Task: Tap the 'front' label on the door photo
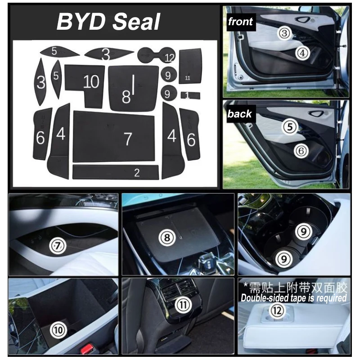click(240, 21)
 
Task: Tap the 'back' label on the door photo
click(239, 113)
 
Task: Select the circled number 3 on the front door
click(284, 32)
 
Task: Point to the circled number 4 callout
click(303, 53)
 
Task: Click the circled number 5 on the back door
click(289, 127)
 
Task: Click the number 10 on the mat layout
click(91, 81)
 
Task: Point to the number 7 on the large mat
click(128, 139)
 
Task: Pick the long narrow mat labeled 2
click(116, 172)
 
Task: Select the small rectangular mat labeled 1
click(191, 95)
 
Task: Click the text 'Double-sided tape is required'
click(293, 298)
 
